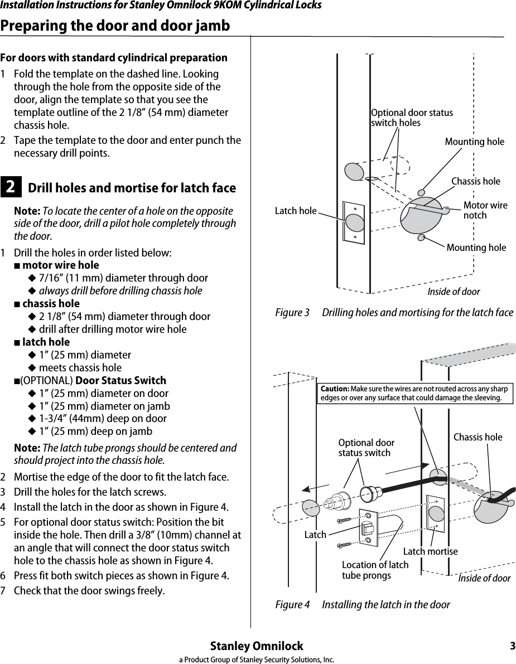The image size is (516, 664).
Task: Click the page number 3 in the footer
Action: (x=512, y=646)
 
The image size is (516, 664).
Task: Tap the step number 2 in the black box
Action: (x=11, y=188)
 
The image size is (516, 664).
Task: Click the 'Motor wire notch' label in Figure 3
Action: (x=485, y=210)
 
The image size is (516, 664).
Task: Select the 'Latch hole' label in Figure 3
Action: (x=296, y=211)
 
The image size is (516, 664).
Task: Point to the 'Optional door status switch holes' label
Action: (x=412, y=118)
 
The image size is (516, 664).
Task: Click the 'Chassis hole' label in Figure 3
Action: (x=475, y=181)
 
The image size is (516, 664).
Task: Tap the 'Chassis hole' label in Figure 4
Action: (x=478, y=437)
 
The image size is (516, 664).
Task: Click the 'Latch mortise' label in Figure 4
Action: (x=430, y=551)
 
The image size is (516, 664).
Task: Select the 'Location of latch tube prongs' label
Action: (x=374, y=570)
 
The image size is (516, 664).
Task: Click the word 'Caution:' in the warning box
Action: (x=334, y=389)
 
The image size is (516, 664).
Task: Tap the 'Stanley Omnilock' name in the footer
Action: (x=257, y=646)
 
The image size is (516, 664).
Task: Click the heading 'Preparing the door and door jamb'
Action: (x=115, y=26)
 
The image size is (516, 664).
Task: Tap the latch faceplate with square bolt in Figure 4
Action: (x=366, y=528)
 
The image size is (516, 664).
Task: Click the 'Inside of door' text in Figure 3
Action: (x=453, y=292)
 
